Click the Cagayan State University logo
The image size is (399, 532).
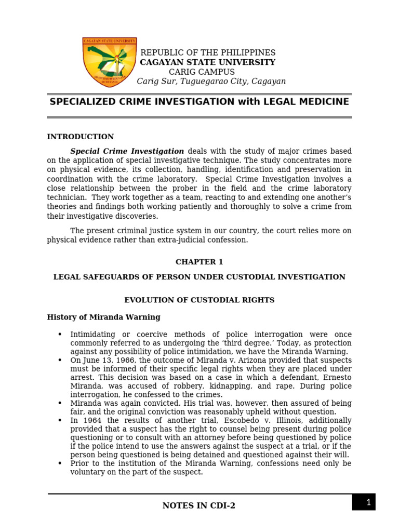pyautogui.click(x=110, y=62)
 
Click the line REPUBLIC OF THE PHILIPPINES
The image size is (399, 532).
pyautogui.click(x=208, y=53)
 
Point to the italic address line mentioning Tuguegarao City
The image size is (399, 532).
pyautogui.click(x=211, y=82)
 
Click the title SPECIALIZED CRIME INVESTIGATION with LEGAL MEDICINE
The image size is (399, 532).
pyautogui.click(x=199, y=102)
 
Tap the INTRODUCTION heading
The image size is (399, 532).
pyautogui.click(x=81, y=137)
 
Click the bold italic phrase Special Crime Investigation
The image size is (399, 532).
pyautogui.click(x=127, y=151)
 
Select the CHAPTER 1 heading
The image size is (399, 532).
pyautogui.click(x=199, y=262)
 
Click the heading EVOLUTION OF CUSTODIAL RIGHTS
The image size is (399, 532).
pyautogui.click(x=199, y=300)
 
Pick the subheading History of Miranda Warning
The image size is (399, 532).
pyautogui.click(x=104, y=317)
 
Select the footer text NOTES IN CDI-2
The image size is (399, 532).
pyautogui.click(x=199, y=506)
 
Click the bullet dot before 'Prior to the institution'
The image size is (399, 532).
pyautogui.click(x=60, y=463)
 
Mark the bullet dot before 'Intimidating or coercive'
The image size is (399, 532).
pyautogui.click(x=60, y=335)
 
